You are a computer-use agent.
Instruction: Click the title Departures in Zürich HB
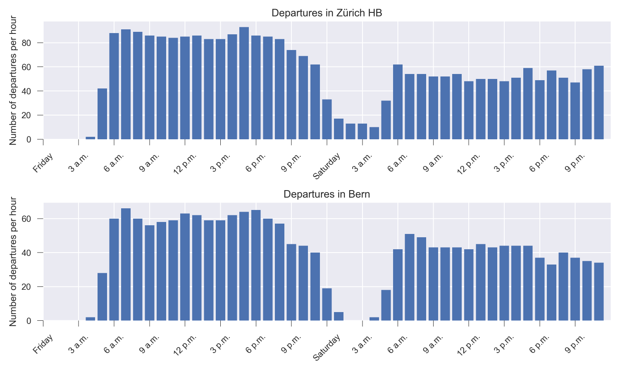327,13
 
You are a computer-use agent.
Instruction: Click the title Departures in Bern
327,194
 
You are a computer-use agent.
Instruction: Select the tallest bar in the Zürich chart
244,83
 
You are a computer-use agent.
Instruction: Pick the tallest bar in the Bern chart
126,265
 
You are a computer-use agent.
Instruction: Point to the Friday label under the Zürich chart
43,162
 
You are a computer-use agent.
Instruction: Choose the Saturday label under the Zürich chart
327,166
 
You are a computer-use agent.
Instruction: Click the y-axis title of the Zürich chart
13,80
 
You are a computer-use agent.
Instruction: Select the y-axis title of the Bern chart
13,262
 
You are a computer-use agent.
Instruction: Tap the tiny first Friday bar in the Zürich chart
90,138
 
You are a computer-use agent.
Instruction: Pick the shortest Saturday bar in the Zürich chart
374,133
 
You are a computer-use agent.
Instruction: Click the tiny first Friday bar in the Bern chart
90,319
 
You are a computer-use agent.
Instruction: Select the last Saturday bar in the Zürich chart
599,103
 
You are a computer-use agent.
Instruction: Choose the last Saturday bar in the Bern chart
599,291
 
